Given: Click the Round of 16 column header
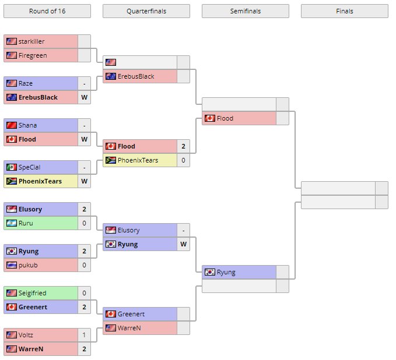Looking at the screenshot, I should (47, 11).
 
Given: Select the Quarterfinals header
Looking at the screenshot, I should (146, 11).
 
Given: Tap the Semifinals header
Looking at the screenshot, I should (246, 11).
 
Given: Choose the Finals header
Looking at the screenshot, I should (344, 11).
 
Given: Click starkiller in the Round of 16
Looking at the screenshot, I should (32, 41).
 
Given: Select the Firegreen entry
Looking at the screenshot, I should (33, 55).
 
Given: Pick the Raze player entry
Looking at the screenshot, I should (26, 83).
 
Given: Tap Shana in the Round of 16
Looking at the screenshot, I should (27, 125).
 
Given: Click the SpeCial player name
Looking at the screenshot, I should (30, 167).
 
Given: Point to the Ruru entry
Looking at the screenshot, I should (26, 223).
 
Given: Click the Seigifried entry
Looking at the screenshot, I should (32, 293).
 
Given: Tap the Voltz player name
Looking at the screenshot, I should (27, 335).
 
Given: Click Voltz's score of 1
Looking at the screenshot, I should (84, 335).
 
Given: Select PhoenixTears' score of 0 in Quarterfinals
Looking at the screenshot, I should (183, 160).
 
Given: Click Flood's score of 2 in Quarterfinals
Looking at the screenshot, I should (183, 146).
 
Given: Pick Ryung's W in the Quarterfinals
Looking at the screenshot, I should (183, 244).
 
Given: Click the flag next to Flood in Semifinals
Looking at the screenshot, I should (210, 118).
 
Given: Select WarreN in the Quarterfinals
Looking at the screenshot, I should (130, 328).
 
